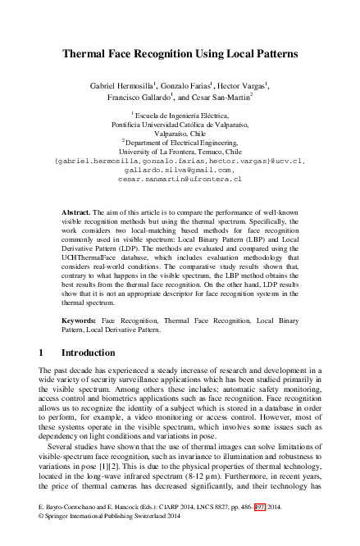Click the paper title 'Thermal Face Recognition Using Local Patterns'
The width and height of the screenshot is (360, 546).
point(180,54)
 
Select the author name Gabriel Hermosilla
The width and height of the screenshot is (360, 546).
point(124,84)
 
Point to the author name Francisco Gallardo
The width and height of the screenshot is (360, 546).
point(138,97)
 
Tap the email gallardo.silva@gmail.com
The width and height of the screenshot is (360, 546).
point(180,170)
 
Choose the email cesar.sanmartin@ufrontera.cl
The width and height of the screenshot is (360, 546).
point(180,178)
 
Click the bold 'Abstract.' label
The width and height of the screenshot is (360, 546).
point(76,212)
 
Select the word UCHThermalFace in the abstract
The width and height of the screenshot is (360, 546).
point(92,255)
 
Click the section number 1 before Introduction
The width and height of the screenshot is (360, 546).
point(42,353)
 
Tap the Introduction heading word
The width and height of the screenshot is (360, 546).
point(89,353)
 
